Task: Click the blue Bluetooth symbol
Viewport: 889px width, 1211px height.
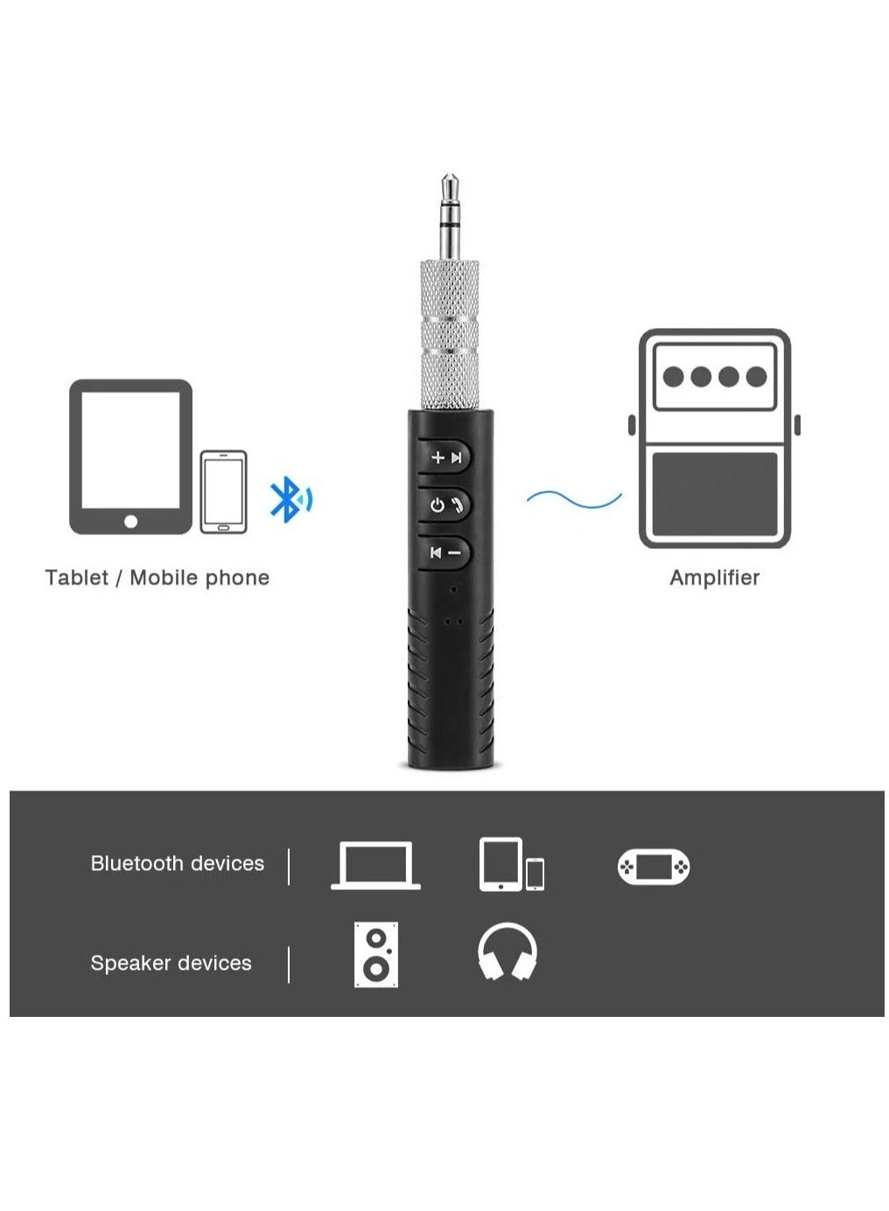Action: (285, 499)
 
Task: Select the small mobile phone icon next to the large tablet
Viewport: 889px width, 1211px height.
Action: (223, 491)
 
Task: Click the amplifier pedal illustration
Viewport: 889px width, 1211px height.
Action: (714, 438)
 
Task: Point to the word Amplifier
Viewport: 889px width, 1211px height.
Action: (714, 578)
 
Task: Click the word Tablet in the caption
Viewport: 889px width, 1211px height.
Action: (76, 578)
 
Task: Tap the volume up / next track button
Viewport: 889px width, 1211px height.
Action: (446, 457)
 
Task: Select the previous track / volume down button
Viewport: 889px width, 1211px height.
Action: (445, 553)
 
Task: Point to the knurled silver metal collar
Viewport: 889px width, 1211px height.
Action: (450, 334)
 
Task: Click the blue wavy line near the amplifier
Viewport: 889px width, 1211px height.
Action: (573, 499)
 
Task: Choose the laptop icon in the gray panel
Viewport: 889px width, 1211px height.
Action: (375, 866)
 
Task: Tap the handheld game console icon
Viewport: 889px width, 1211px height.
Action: (653, 866)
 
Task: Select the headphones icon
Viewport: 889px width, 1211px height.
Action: (507, 952)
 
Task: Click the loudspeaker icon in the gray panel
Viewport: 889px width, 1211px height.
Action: (375, 954)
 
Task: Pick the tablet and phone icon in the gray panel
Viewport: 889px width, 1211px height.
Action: (511, 866)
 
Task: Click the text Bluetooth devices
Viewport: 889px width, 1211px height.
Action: (177, 864)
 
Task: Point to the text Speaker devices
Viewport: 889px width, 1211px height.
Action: (171, 964)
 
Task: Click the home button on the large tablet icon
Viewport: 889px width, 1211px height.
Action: (130, 521)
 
